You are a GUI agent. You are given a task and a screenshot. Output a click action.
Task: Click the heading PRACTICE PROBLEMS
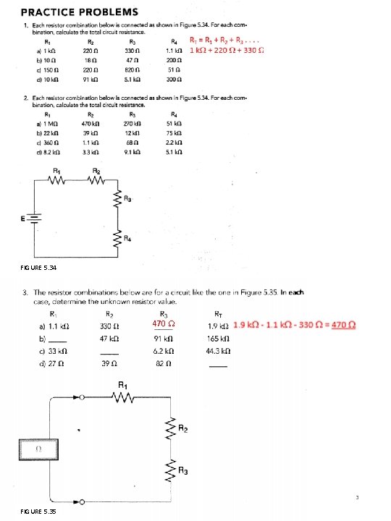point(79,12)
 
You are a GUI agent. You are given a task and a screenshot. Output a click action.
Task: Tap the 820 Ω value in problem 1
point(133,71)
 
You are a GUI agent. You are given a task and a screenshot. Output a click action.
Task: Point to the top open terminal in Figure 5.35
point(83,397)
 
